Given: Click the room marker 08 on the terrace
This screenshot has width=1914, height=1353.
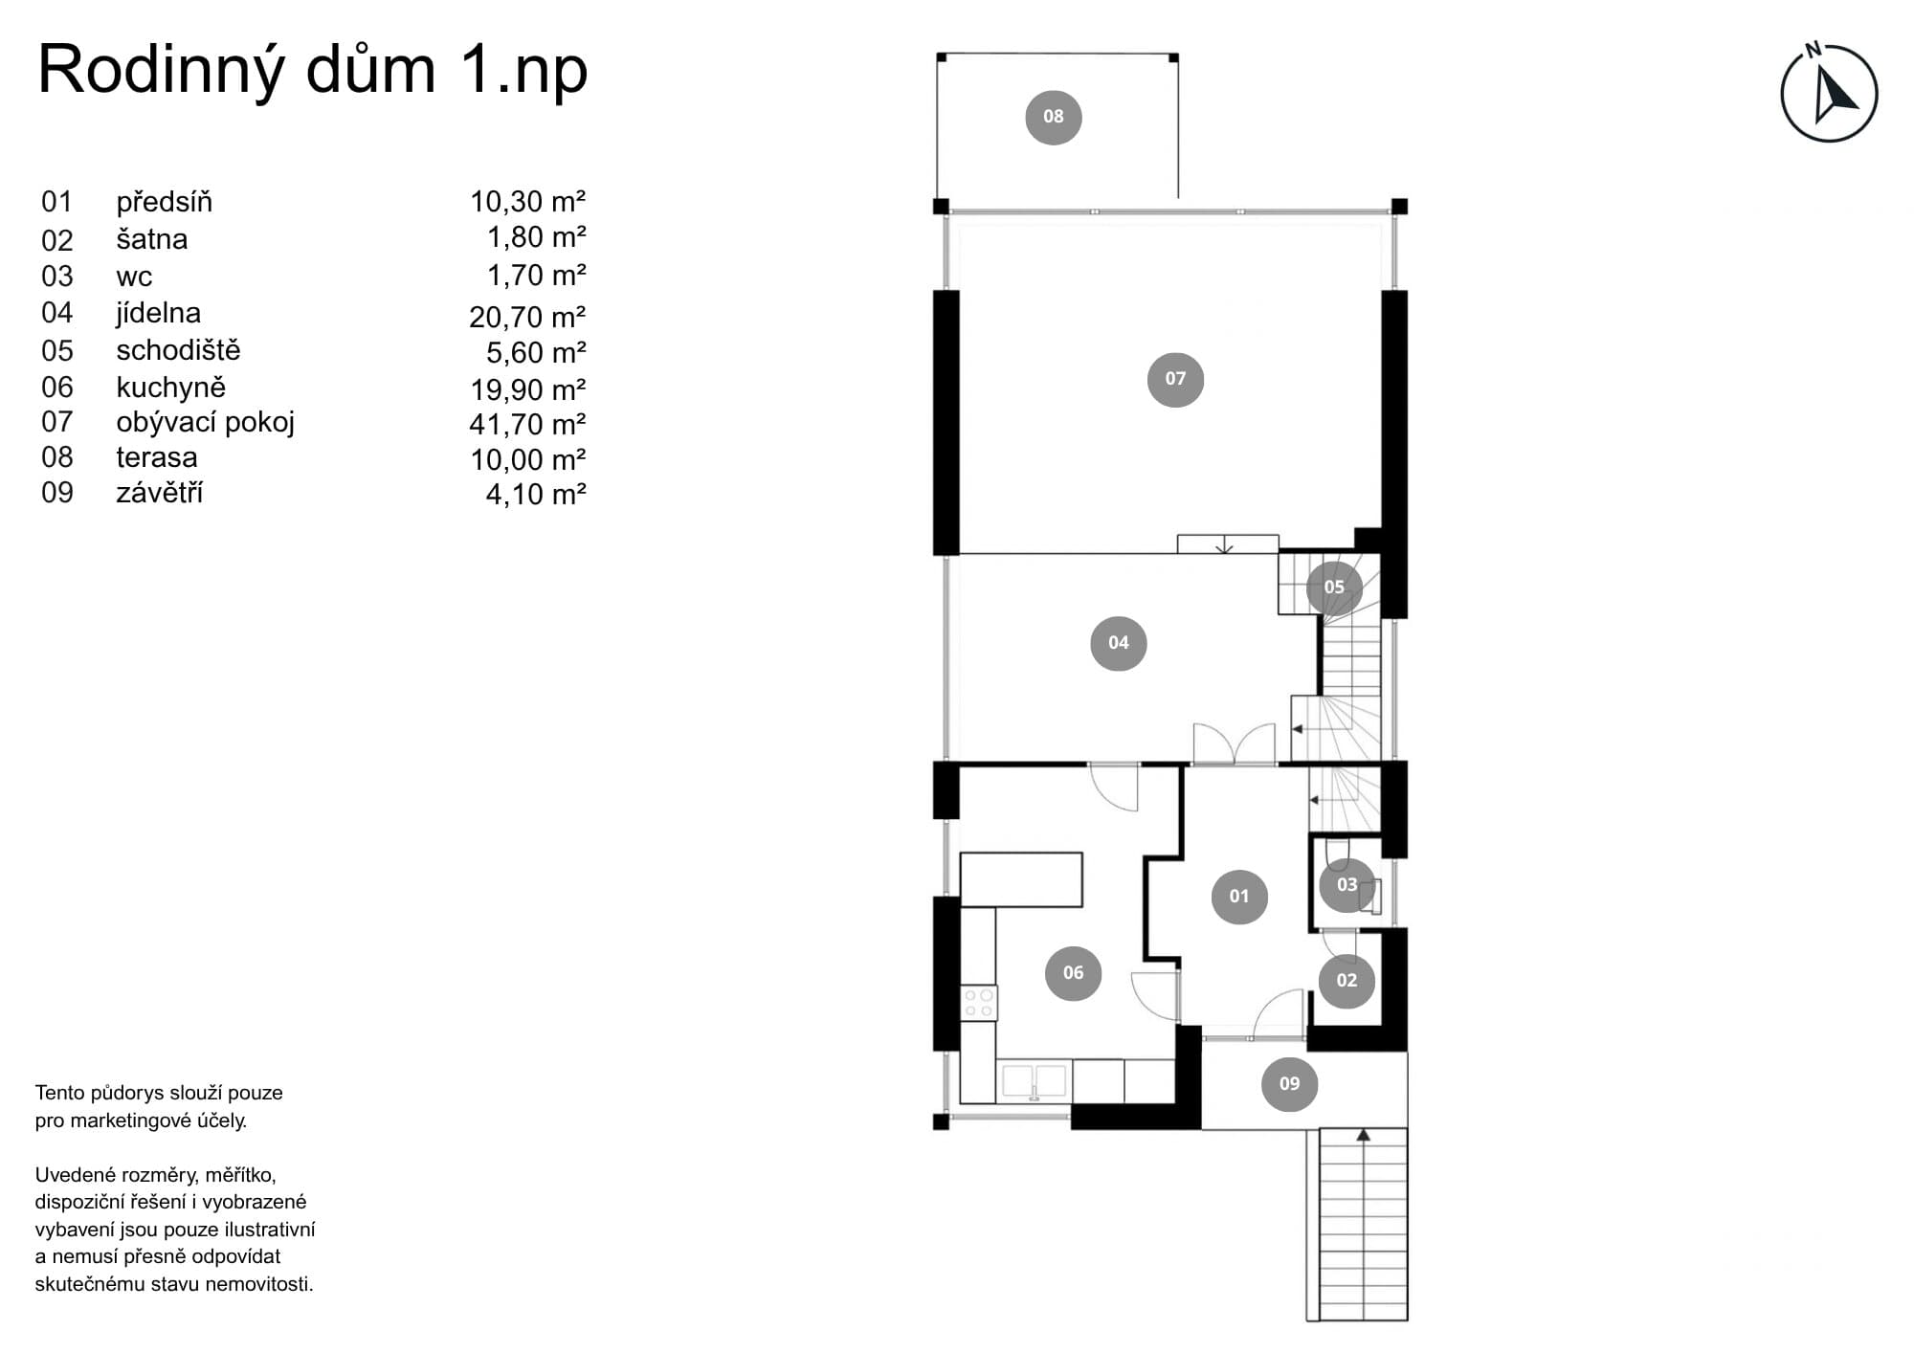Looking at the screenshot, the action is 1053,117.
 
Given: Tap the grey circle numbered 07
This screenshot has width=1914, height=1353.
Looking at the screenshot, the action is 1175,379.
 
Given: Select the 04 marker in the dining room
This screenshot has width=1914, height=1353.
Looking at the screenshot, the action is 1118,643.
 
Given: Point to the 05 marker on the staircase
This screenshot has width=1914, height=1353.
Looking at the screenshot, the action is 1334,587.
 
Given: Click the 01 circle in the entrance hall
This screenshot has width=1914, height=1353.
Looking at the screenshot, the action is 1239,897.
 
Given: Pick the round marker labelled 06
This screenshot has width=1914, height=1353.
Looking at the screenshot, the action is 1073,973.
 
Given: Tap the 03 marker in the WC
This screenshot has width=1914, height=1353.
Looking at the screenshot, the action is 1346,885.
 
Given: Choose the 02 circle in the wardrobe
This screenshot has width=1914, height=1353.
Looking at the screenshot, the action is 1346,981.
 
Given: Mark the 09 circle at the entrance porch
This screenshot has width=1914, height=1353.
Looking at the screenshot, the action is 1289,1084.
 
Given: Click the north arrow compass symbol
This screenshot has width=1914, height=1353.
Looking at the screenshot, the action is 1829,94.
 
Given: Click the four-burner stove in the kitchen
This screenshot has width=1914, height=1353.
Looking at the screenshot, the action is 978,1003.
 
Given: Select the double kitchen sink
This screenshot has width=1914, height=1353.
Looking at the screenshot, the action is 1034,1080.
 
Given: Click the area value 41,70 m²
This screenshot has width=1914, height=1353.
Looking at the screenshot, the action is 527,424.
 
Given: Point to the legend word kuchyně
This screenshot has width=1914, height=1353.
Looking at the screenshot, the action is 171,388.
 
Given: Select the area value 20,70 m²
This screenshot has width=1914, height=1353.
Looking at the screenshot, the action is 527,316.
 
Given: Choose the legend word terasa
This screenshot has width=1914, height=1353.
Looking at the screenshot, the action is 157,457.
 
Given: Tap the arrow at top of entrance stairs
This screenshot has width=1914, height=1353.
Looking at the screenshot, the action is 1363,1136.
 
